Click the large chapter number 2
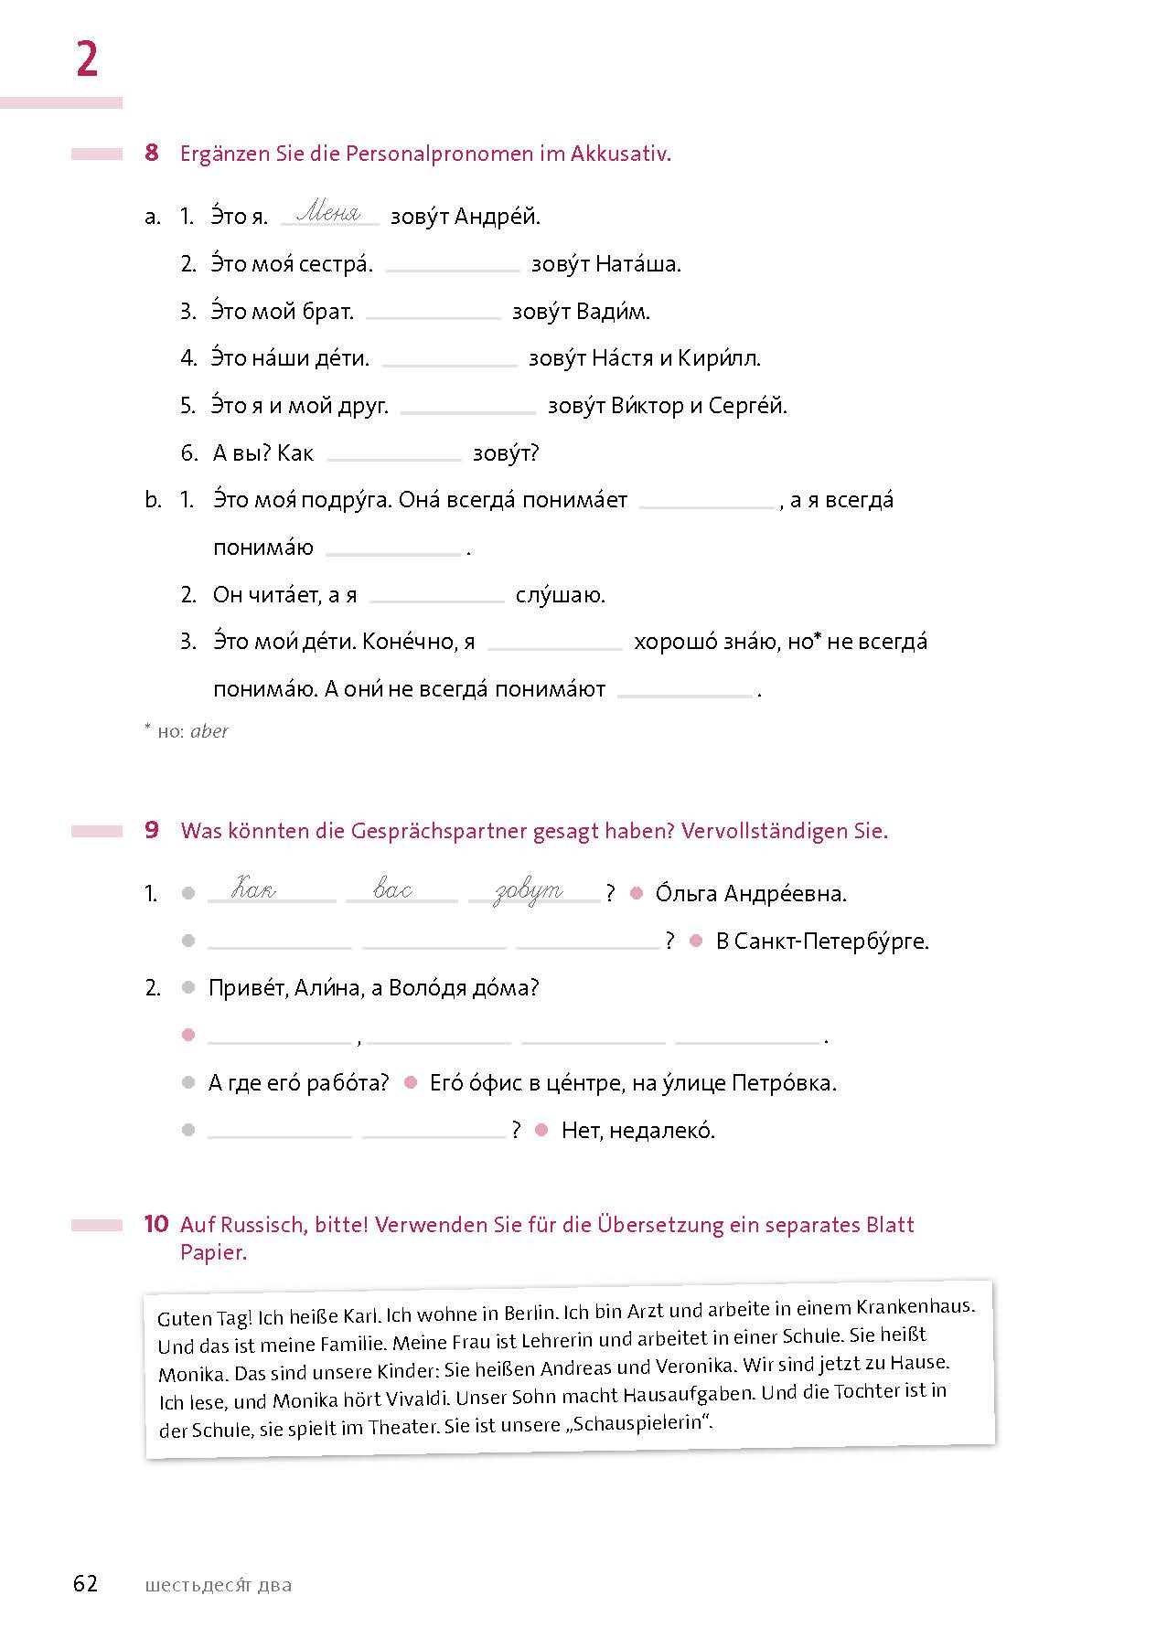point(87,60)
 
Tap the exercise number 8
point(152,153)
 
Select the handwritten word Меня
point(329,213)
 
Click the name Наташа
point(637,264)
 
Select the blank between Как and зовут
point(393,454)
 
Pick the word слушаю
point(560,596)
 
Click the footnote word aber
point(209,731)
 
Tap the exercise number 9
point(152,830)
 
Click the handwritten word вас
point(393,889)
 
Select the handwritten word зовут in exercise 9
point(529,891)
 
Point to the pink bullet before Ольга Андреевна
point(637,894)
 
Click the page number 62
point(85,1584)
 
